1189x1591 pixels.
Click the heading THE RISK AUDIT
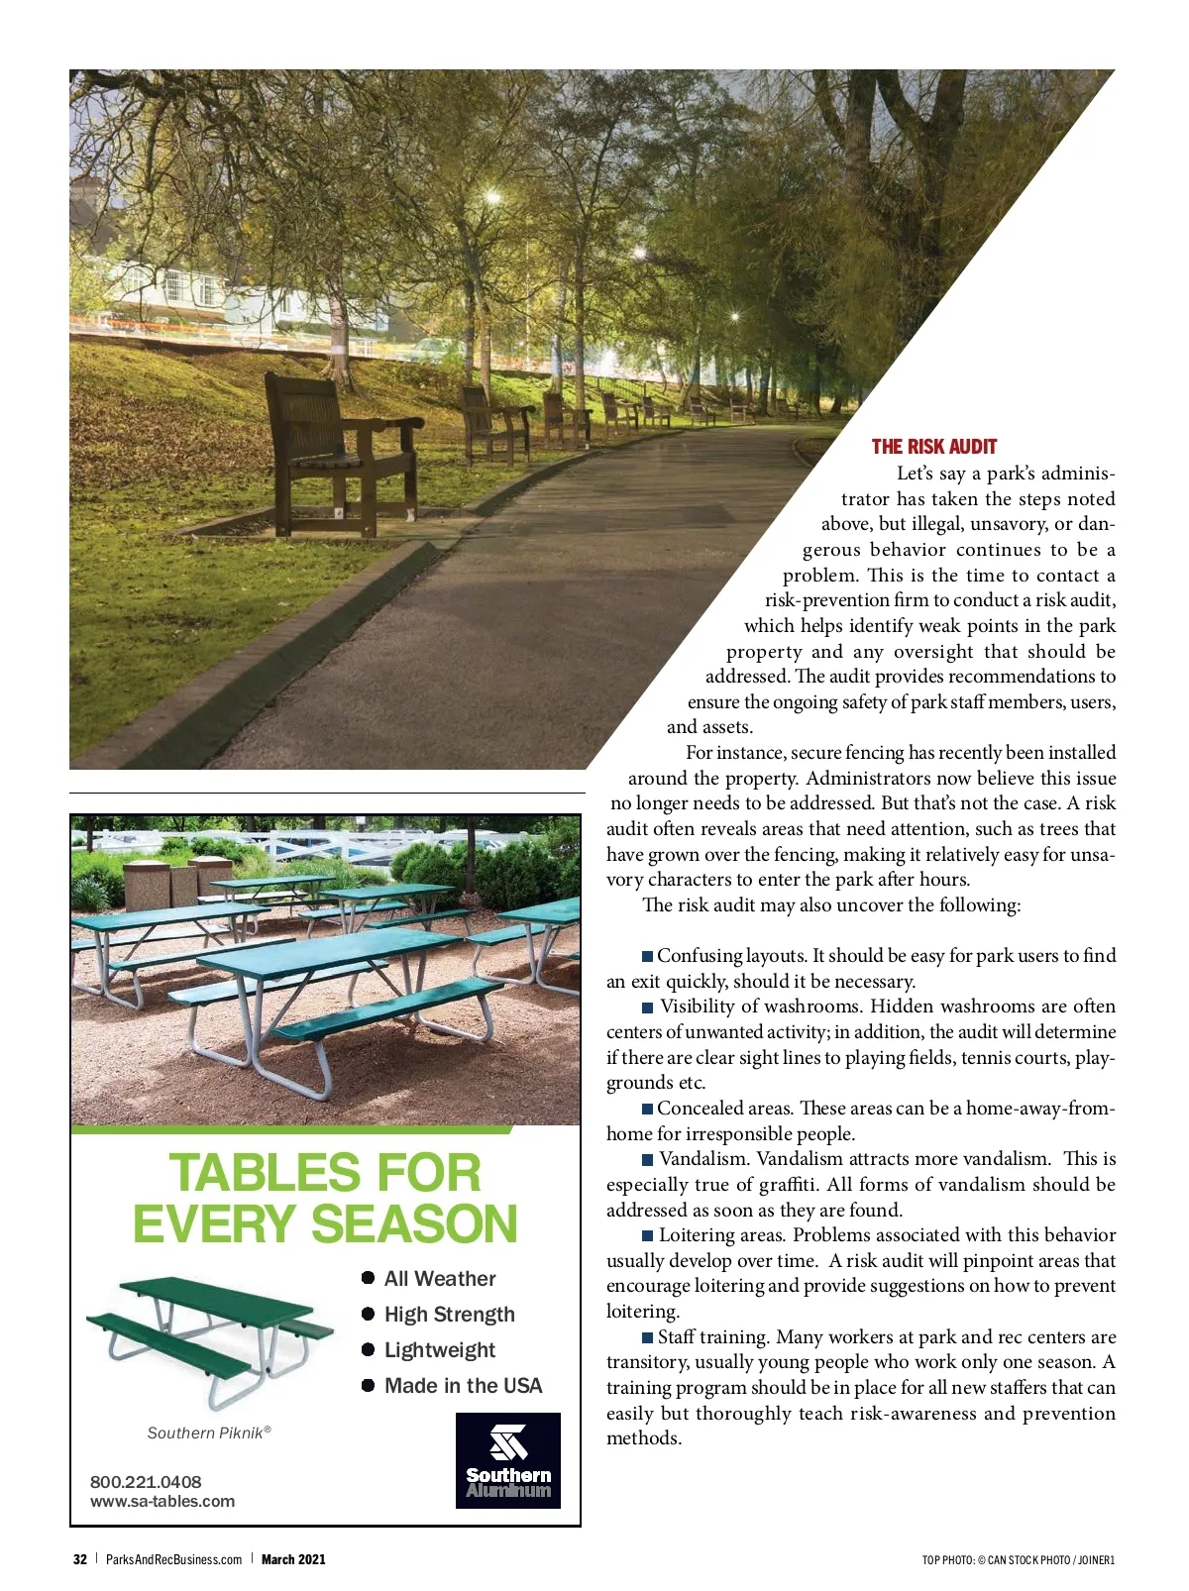[933, 447]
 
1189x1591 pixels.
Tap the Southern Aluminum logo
[508, 1460]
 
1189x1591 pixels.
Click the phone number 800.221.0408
[146, 1482]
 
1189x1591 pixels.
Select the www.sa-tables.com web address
[162, 1501]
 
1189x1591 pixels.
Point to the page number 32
[80, 1559]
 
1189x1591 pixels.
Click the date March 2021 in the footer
[293, 1559]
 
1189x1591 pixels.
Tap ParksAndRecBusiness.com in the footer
[173, 1559]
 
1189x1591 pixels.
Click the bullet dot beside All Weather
[368, 1278]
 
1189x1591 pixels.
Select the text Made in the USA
[463, 1386]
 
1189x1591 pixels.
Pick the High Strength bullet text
[449, 1315]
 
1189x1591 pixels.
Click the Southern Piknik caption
[209, 1432]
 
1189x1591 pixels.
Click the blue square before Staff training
[648, 1338]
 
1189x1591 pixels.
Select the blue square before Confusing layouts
[648, 957]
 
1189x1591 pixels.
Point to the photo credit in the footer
[1018, 1560]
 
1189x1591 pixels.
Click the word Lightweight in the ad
[439, 1350]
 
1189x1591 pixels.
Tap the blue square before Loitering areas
[648, 1236]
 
